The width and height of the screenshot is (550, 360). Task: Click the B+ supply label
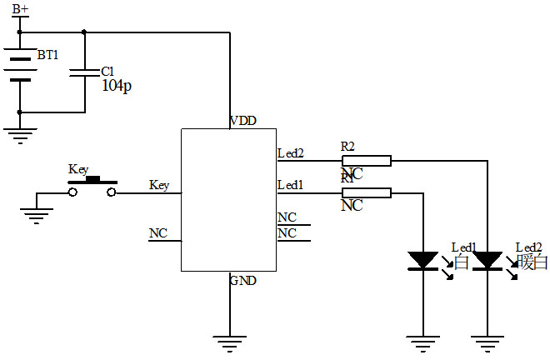tap(20, 9)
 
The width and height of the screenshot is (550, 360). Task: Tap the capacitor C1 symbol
tap(84, 72)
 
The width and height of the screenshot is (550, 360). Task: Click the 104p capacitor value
tap(116, 86)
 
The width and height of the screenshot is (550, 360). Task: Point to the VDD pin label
tap(243, 121)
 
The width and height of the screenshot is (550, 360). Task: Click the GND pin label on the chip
tap(243, 281)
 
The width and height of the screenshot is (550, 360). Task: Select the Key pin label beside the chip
tap(159, 185)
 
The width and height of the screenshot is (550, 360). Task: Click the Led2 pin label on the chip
tap(290, 153)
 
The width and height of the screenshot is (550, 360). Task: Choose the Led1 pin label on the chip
tap(290, 185)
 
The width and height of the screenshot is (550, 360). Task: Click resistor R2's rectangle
tap(367, 161)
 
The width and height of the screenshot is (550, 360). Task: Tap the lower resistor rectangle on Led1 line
tap(367, 193)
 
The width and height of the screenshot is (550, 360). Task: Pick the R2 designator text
tap(348, 147)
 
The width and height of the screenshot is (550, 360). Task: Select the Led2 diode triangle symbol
tap(487, 261)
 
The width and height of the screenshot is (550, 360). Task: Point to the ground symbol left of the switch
tap(36, 216)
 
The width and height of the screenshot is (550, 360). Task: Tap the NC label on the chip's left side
tap(158, 233)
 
